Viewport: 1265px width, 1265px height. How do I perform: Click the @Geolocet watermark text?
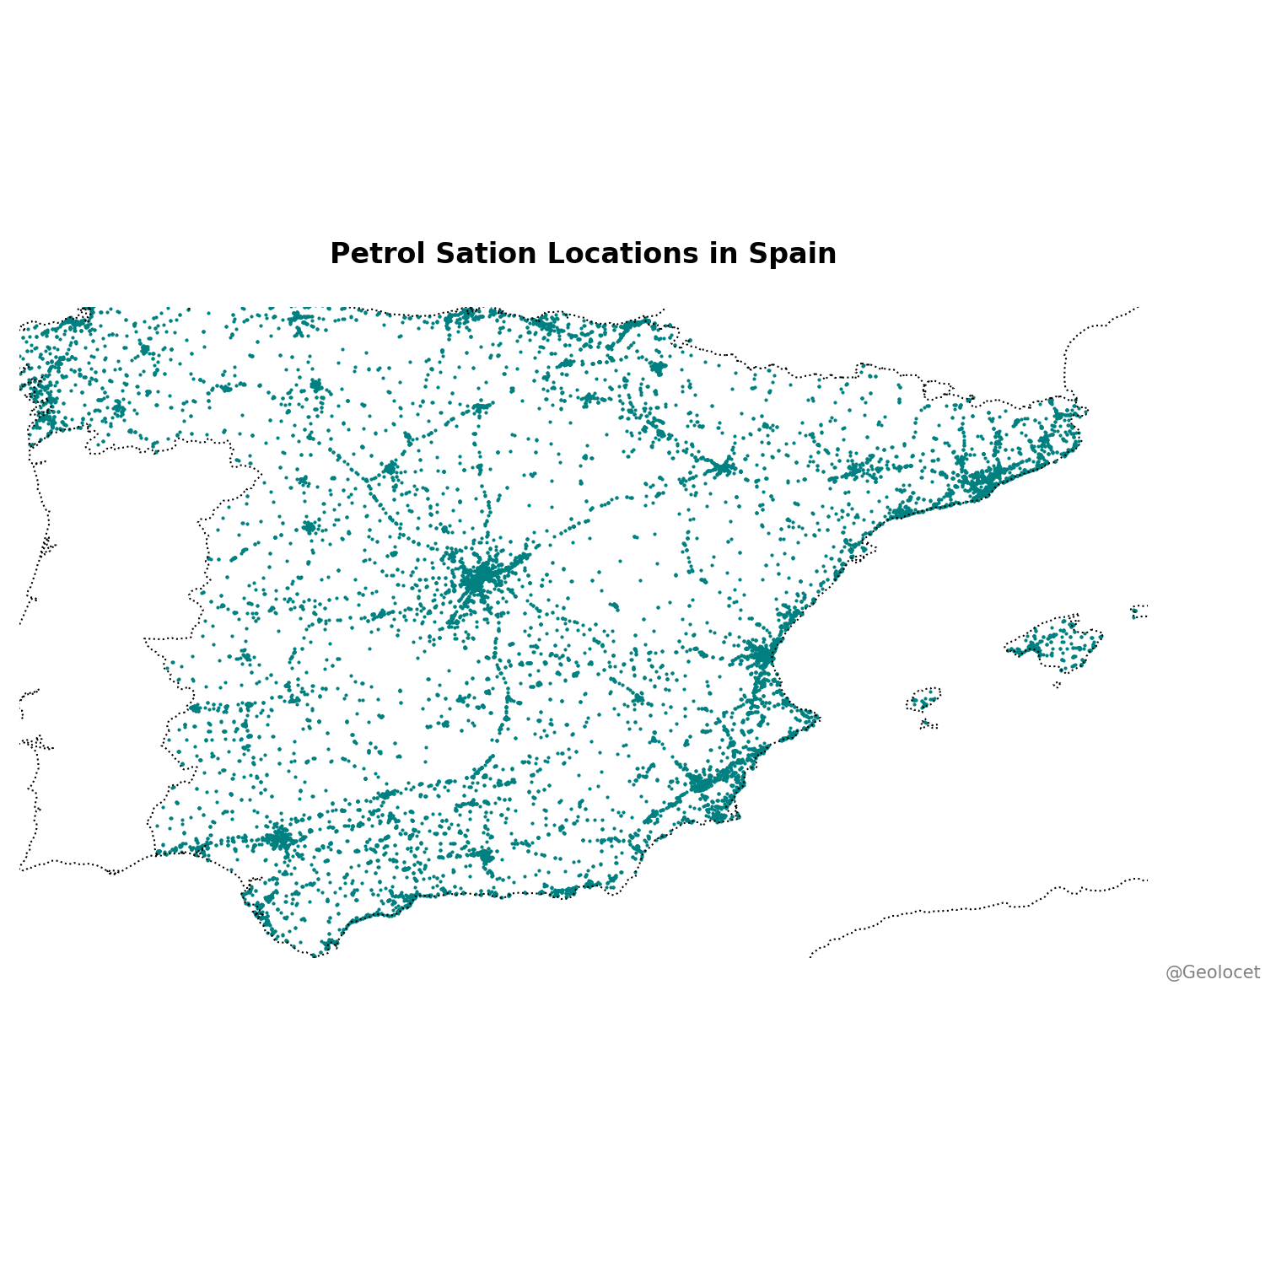tap(1212, 972)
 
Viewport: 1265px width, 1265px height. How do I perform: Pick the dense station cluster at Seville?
tap(280, 838)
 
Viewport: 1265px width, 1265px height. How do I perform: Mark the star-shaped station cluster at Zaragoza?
tap(723, 467)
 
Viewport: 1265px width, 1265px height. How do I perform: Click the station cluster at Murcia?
tap(700, 783)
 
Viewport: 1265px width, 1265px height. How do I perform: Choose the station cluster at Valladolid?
tap(390, 467)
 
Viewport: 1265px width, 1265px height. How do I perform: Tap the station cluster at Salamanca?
tap(309, 527)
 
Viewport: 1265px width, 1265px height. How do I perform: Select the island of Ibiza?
tap(923, 699)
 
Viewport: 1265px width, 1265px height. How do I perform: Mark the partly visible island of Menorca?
tap(1139, 611)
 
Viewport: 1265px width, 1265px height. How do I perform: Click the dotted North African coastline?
tap(970, 908)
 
